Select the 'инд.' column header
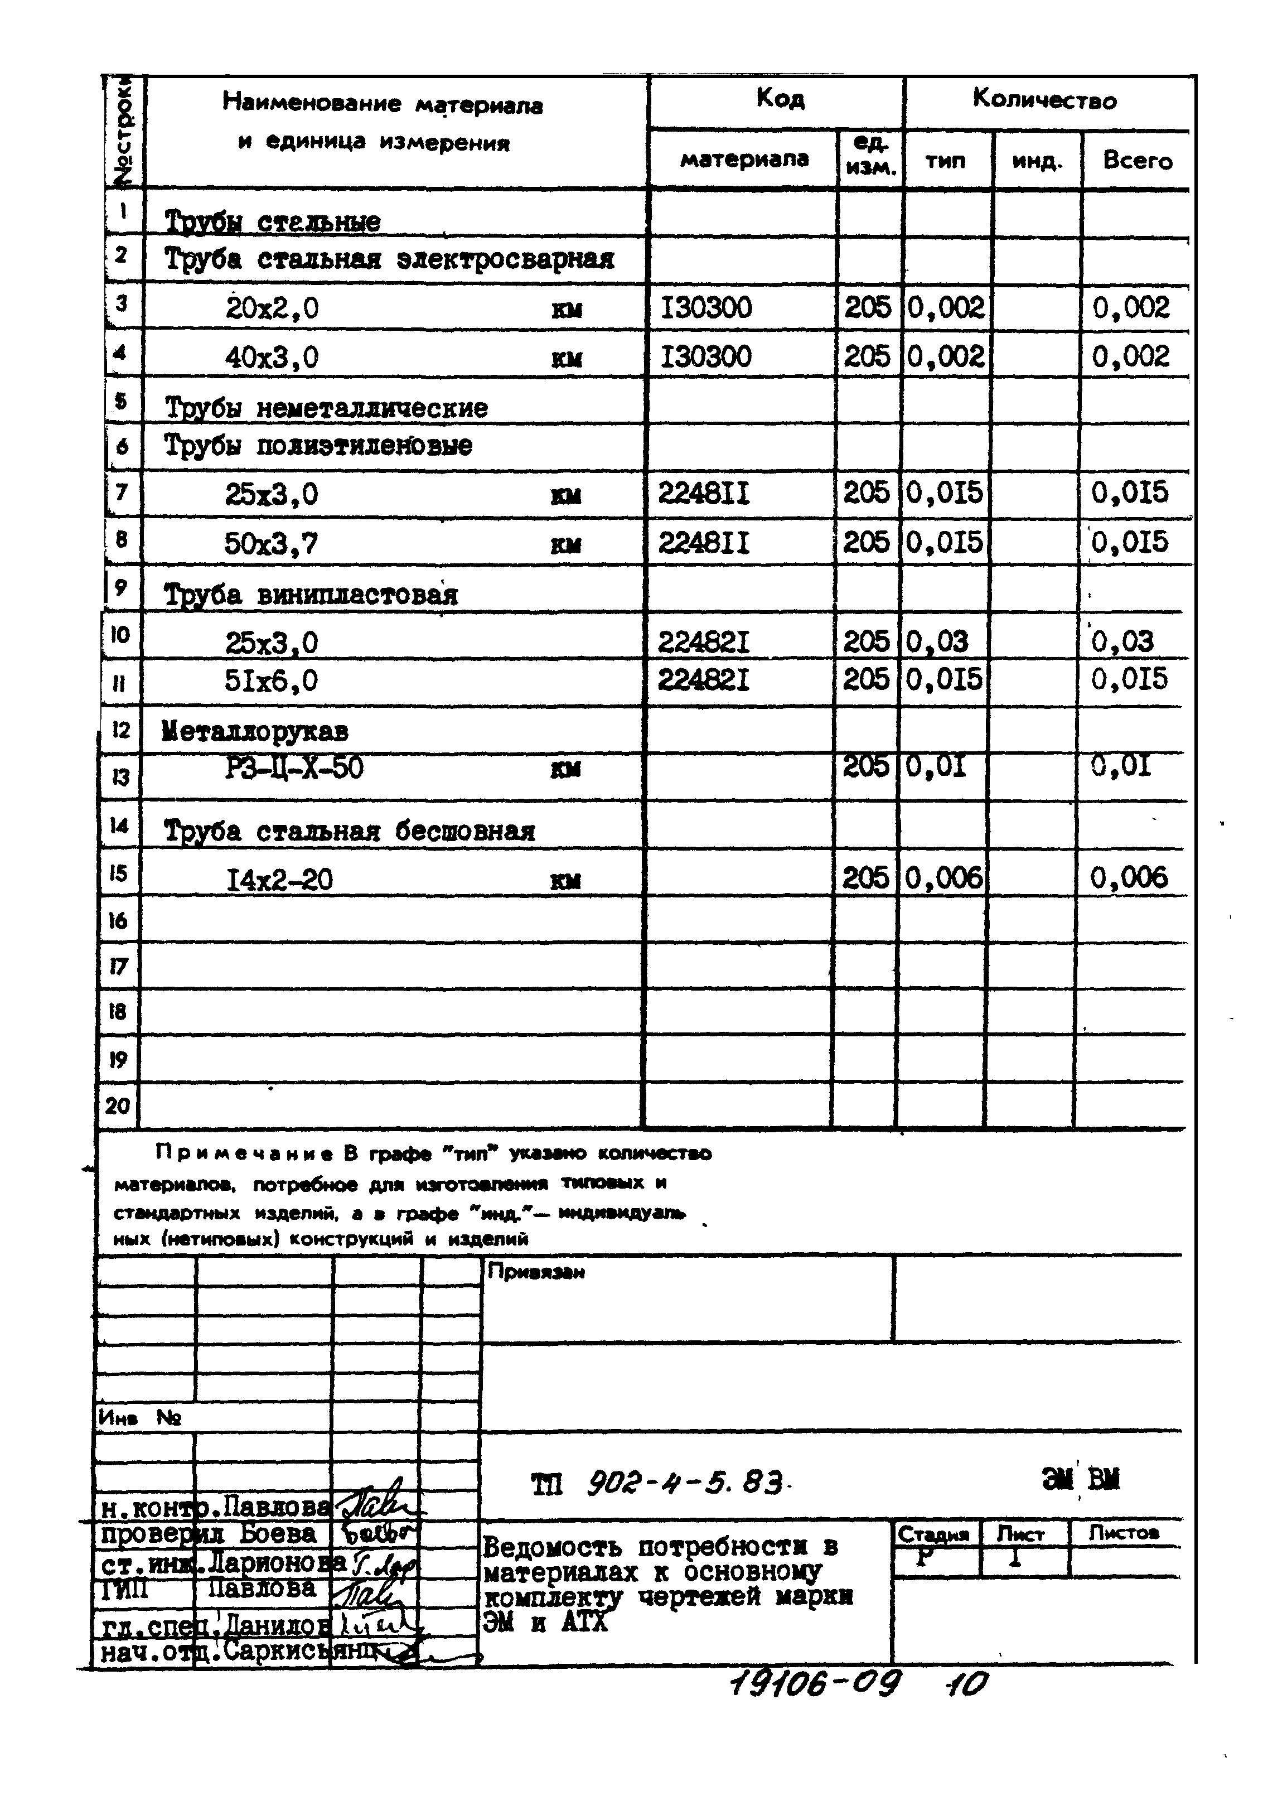coord(1036,162)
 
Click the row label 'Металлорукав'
coord(255,731)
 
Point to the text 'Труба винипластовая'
coord(310,593)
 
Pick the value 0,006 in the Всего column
coord(1129,877)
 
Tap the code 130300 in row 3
coord(706,307)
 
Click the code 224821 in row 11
coord(704,679)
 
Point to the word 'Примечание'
coord(247,1153)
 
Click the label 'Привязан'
coord(536,1272)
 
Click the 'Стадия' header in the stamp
coord(934,1533)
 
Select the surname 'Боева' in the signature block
coord(277,1533)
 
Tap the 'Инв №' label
coord(139,1418)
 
